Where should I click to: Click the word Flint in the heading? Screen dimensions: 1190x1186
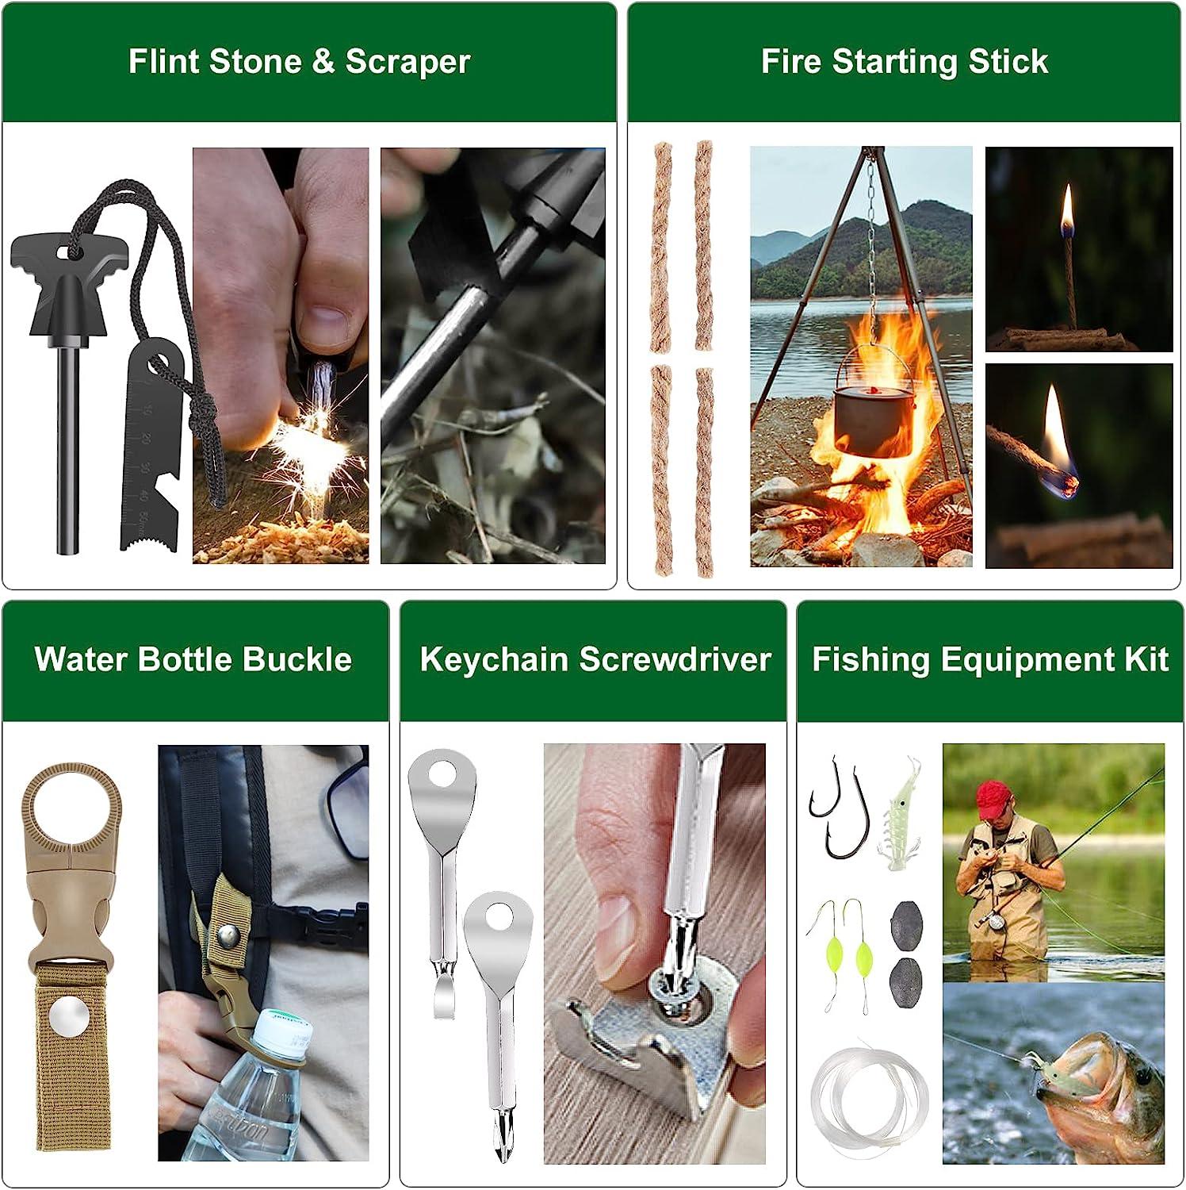(165, 62)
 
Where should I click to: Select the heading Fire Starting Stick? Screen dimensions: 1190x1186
(905, 62)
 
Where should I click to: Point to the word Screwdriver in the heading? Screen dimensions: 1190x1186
(675, 659)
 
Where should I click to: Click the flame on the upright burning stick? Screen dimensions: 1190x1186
(1067, 208)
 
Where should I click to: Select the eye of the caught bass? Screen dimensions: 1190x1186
(1142, 1077)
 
